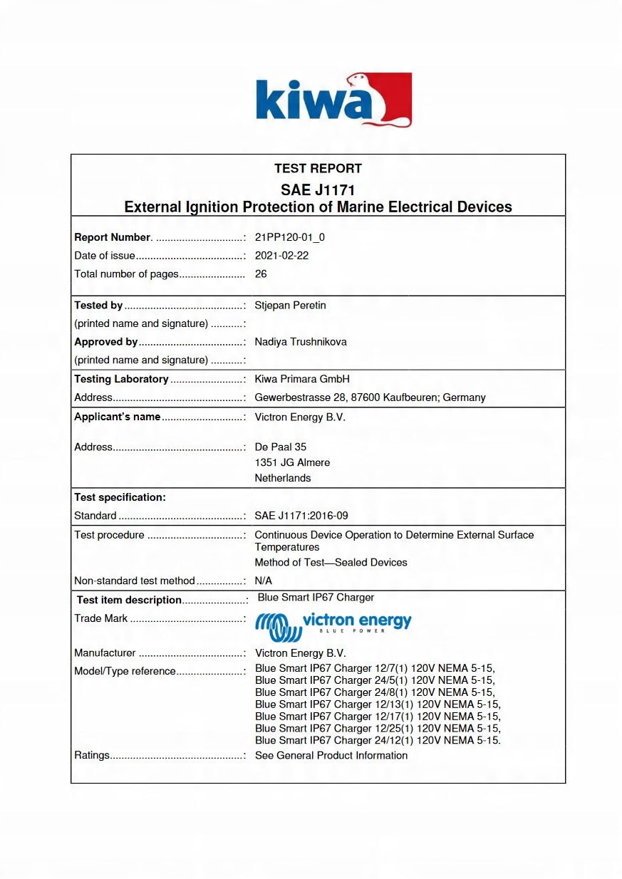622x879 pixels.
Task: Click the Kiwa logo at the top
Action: [x=333, y=100]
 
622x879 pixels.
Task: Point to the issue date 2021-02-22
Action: [x=281, y=256]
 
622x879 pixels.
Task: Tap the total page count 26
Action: [x=261, y=274]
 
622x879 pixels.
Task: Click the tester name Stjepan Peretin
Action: [x=291, y=306]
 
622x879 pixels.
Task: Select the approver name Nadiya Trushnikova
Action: [x=301, y=342]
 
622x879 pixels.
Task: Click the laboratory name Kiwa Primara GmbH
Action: [x=302, y=379]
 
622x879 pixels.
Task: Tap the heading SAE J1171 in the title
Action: [x=318, y=190]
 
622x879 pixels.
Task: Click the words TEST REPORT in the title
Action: [x=318, y=169]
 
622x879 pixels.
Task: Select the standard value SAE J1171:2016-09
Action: [x=301, y=516]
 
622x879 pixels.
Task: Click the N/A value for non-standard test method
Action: [x=264, y=581]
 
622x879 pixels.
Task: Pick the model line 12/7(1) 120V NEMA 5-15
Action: [x=375, y=668]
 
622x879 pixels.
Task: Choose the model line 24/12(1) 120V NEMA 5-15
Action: [x=378, y=740]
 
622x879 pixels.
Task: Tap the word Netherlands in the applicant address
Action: [x=283, y=478]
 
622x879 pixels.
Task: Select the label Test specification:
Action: [x=120, y=497]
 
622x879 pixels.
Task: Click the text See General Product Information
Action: [x=331, y=755]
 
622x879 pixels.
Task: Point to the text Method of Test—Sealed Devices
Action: [x=331, y=563]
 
